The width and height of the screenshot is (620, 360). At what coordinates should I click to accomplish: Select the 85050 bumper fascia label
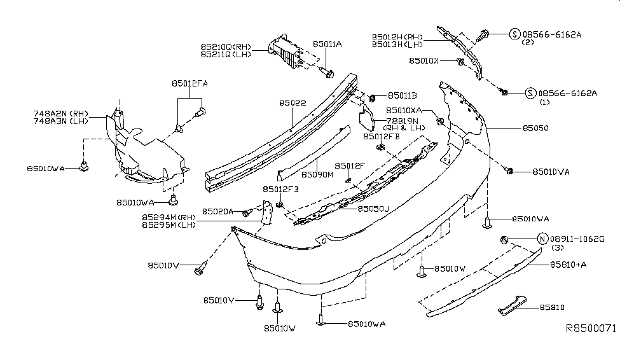[535, 128]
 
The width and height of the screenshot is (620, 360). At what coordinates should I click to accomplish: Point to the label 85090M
[318, 173]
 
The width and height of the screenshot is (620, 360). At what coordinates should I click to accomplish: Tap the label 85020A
[218, 211]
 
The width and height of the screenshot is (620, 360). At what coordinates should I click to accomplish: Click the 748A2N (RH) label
[60, 113]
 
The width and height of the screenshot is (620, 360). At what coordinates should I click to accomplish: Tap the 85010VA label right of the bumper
[551, 171]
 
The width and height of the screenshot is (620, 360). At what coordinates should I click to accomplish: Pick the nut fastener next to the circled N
[502, 240]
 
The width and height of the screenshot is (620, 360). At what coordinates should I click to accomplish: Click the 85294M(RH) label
[169, 216]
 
